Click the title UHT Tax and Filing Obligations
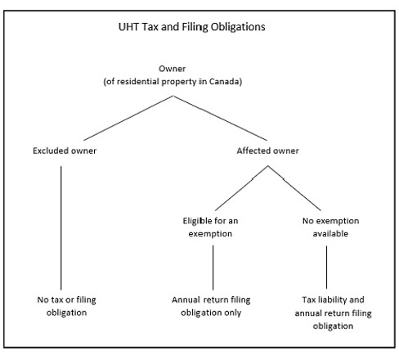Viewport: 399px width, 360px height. [191, 27]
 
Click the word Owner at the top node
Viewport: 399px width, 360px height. [172, 69]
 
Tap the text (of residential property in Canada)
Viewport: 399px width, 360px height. [173, 82]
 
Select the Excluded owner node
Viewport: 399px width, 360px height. [65, 151]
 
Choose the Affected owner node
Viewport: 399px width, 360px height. [267, 151]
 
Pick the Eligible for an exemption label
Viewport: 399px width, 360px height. [210, 227]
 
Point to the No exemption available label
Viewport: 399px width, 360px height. [330, 227]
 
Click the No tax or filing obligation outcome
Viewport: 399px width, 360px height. [66, 306]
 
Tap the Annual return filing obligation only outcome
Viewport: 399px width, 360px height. [211, 306]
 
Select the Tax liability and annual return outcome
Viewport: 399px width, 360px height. [333, 313]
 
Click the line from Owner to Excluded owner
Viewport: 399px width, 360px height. [128, 118]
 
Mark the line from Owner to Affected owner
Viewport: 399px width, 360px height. [220, 118]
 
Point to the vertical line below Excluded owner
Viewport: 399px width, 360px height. [61, 228]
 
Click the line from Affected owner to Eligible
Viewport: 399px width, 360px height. [241, 188]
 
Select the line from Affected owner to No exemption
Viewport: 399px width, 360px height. [294, 188]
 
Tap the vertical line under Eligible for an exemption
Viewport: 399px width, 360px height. [213, 268]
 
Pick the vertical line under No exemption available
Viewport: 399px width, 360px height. [326, 268]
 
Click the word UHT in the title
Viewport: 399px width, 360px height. [128, 27]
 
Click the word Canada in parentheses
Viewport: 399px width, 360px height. [226, 82]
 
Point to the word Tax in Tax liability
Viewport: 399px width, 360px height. [309, 299]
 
